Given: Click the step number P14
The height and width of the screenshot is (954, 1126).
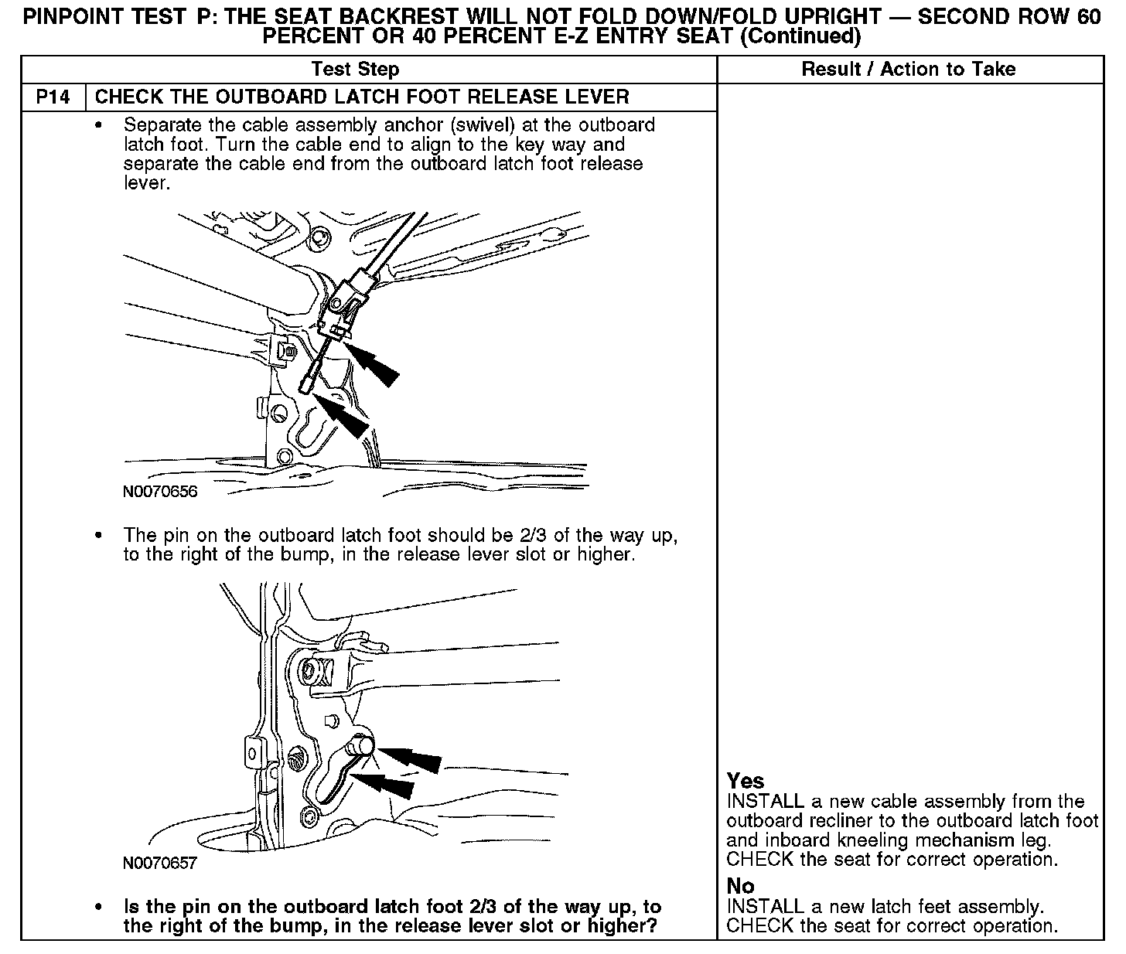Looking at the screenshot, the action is click(x=53, y=97).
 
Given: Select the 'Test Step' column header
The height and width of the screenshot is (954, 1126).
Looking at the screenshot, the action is click(x=355, y=69).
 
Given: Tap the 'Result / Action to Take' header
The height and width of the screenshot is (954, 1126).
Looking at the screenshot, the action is click(x=909, y=69).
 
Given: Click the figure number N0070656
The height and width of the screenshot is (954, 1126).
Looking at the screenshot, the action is click(x=160, y=492).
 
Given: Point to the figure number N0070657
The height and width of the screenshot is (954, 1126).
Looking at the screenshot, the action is click(x=159, y=863).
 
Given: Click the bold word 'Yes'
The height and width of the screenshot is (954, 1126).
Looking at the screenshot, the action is click(x=746, y=781).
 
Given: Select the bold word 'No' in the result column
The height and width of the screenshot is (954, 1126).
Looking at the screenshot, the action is click(x=740, y=886).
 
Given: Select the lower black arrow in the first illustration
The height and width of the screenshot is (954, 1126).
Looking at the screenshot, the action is click(x=341, y=415).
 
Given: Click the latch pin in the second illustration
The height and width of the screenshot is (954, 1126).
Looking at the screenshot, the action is click(x=362, y=744).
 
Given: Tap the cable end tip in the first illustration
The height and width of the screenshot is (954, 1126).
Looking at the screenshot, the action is click(x=305, y=387).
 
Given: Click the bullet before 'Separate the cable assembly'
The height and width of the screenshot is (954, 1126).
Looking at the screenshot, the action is click(x=98, y=126).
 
